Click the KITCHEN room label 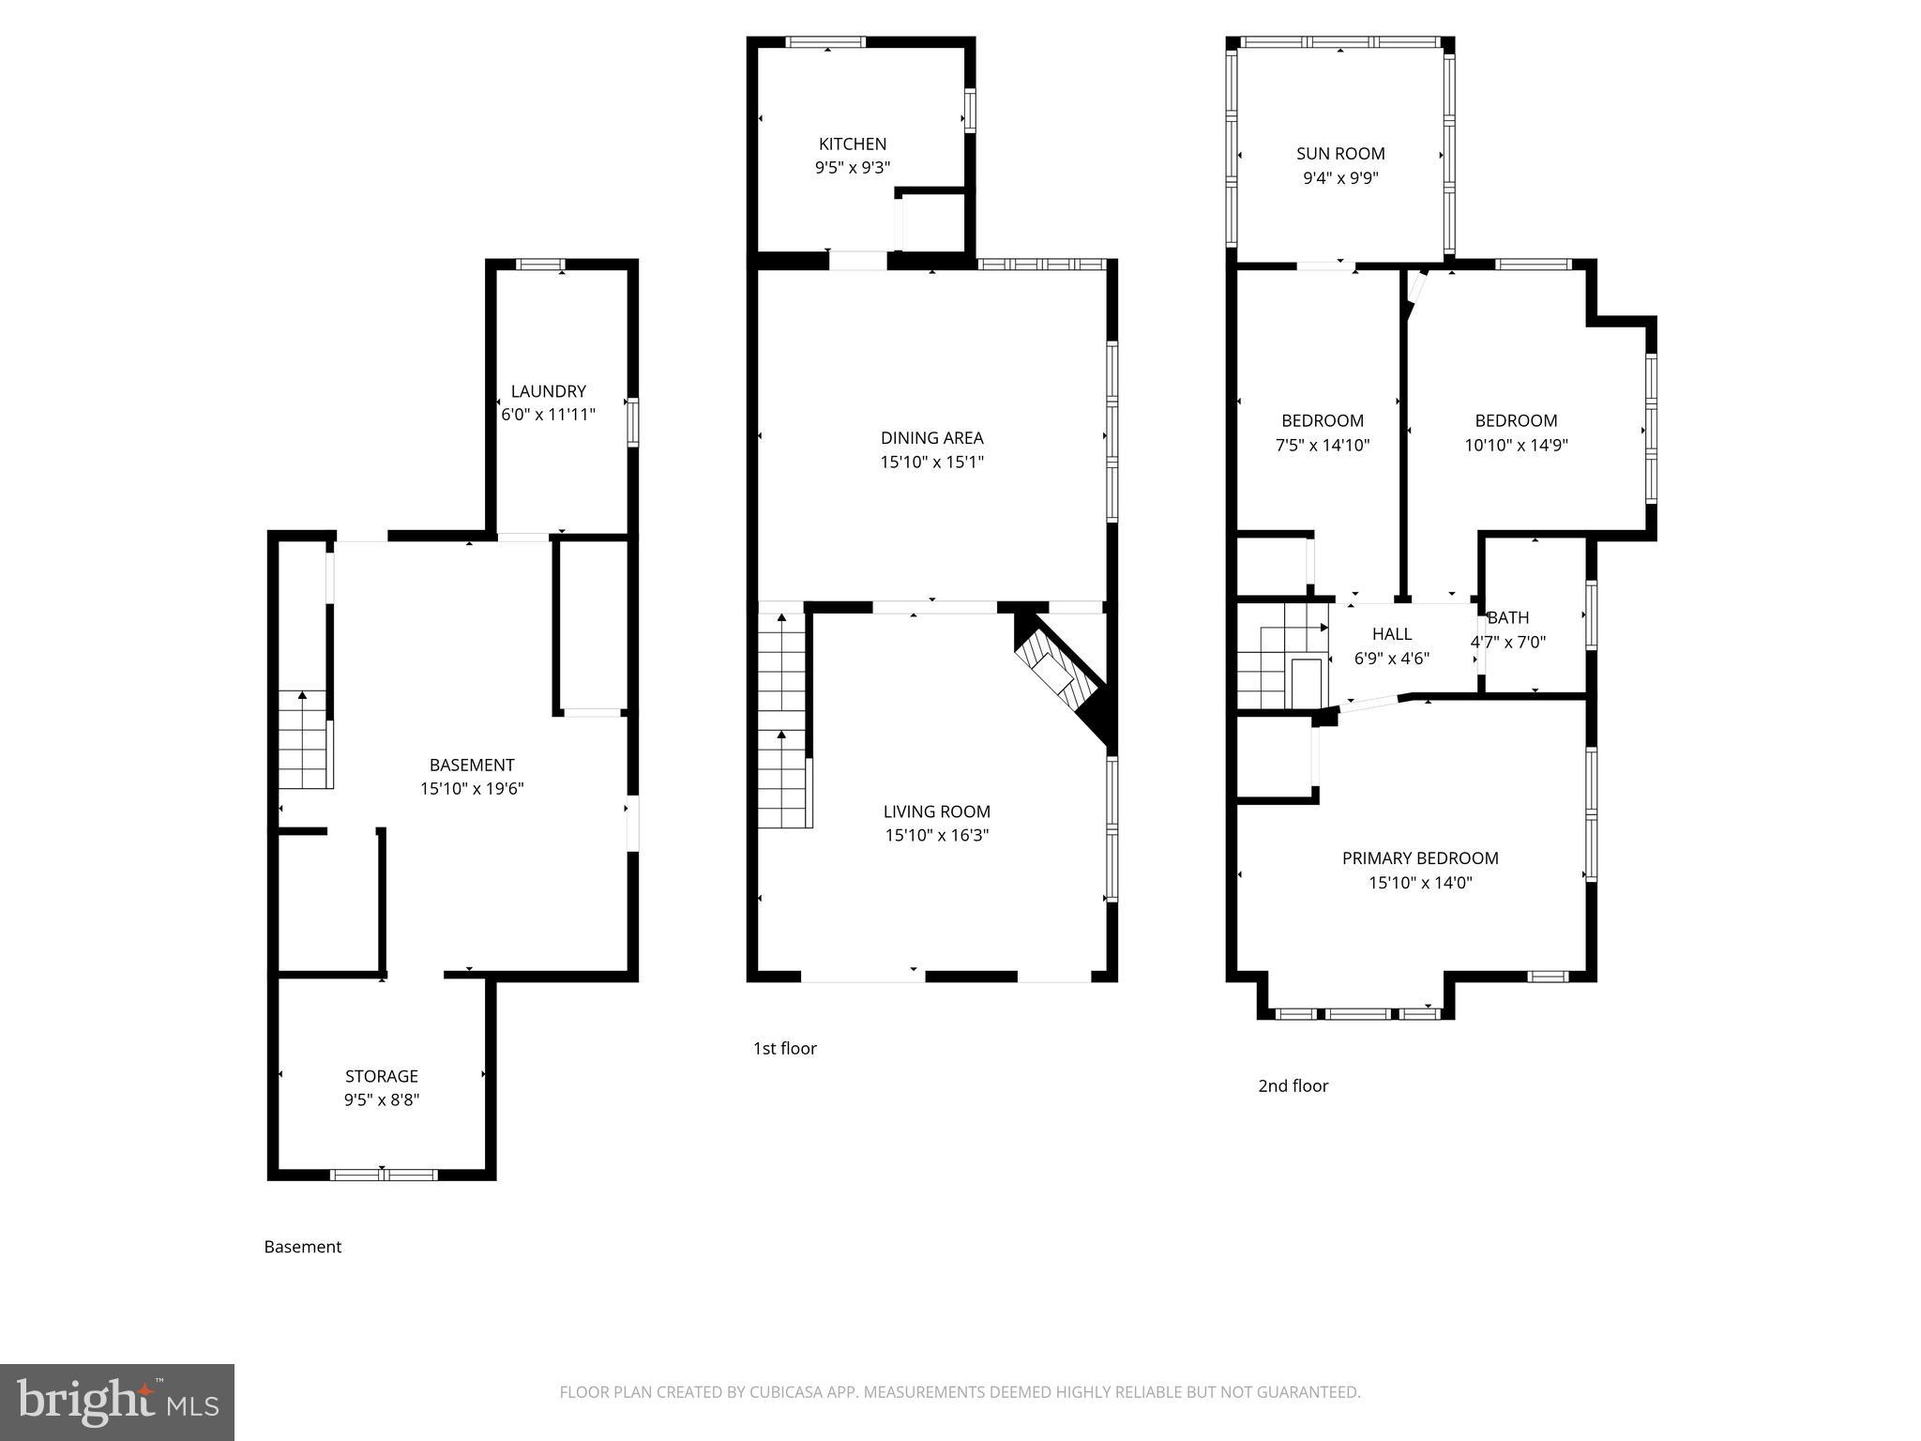coord(852,144)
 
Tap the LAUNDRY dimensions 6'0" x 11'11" coord(548,415)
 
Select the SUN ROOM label coord(1340,154)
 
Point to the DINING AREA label coord(931,437)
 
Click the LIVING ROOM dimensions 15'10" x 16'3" coord(936,835)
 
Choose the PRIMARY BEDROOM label coord(1420,857)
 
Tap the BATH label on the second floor coord(1508,617)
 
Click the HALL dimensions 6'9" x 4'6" coord(1391,659)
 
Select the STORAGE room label coord(381,1076)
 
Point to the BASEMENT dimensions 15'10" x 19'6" coord(472,789)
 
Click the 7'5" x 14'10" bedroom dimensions coord(1323,445)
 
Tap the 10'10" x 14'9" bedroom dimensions coord(1516,445)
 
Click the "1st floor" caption coord(784,1048)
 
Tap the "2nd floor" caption coord(1293,1085)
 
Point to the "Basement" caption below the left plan coord(302,1247)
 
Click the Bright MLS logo coord(116,1402)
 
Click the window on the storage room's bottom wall coord(383,1174)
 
